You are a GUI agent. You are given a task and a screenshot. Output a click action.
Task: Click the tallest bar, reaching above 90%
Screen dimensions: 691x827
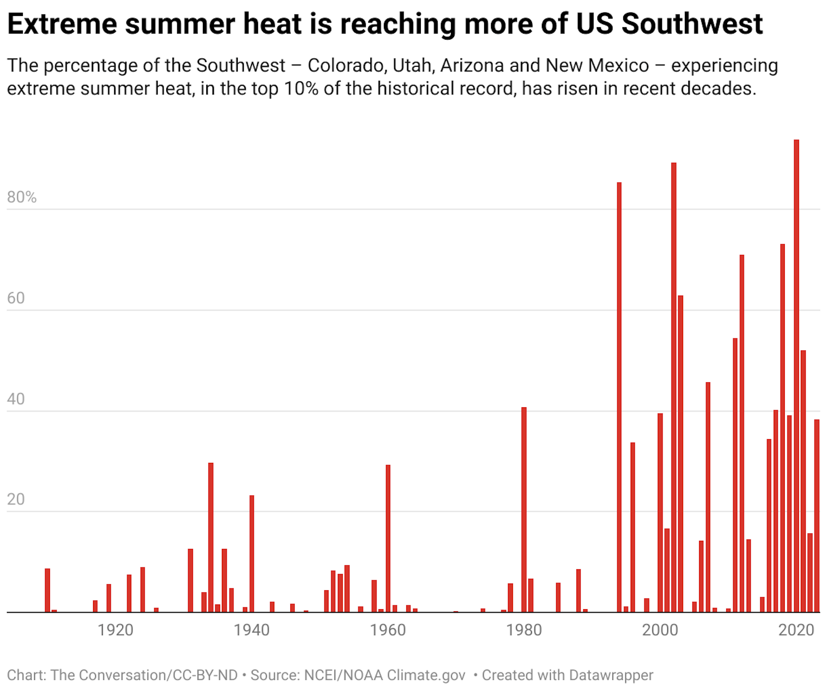(796, 375)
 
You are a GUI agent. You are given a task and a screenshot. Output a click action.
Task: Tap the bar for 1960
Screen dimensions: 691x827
(388, 538)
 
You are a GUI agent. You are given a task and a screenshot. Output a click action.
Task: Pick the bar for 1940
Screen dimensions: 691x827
(252, 553)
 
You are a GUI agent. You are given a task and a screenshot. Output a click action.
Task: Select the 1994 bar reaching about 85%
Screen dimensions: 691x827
(619, 396)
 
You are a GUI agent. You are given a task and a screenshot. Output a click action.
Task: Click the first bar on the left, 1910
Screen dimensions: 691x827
(47, 590)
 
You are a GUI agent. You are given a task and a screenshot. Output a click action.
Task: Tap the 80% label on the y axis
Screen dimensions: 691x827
(22, 197)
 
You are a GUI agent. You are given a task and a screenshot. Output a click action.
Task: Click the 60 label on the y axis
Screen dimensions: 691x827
(16, 298)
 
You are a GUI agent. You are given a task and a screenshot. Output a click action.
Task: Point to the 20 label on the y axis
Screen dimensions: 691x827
(16, 499)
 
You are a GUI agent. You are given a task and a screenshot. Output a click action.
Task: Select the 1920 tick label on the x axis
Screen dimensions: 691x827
(115, 630)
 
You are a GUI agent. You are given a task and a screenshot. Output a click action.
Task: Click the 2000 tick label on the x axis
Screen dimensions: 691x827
(660, 630)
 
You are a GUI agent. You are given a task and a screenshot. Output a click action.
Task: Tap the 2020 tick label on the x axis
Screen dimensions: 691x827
(796, 630)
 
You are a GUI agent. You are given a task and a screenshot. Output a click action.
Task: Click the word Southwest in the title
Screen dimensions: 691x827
(692, 24)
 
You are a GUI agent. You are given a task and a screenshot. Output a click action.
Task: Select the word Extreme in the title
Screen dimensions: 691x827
(62, 24)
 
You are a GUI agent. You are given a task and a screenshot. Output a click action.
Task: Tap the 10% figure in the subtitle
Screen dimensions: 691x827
(301, 89)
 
